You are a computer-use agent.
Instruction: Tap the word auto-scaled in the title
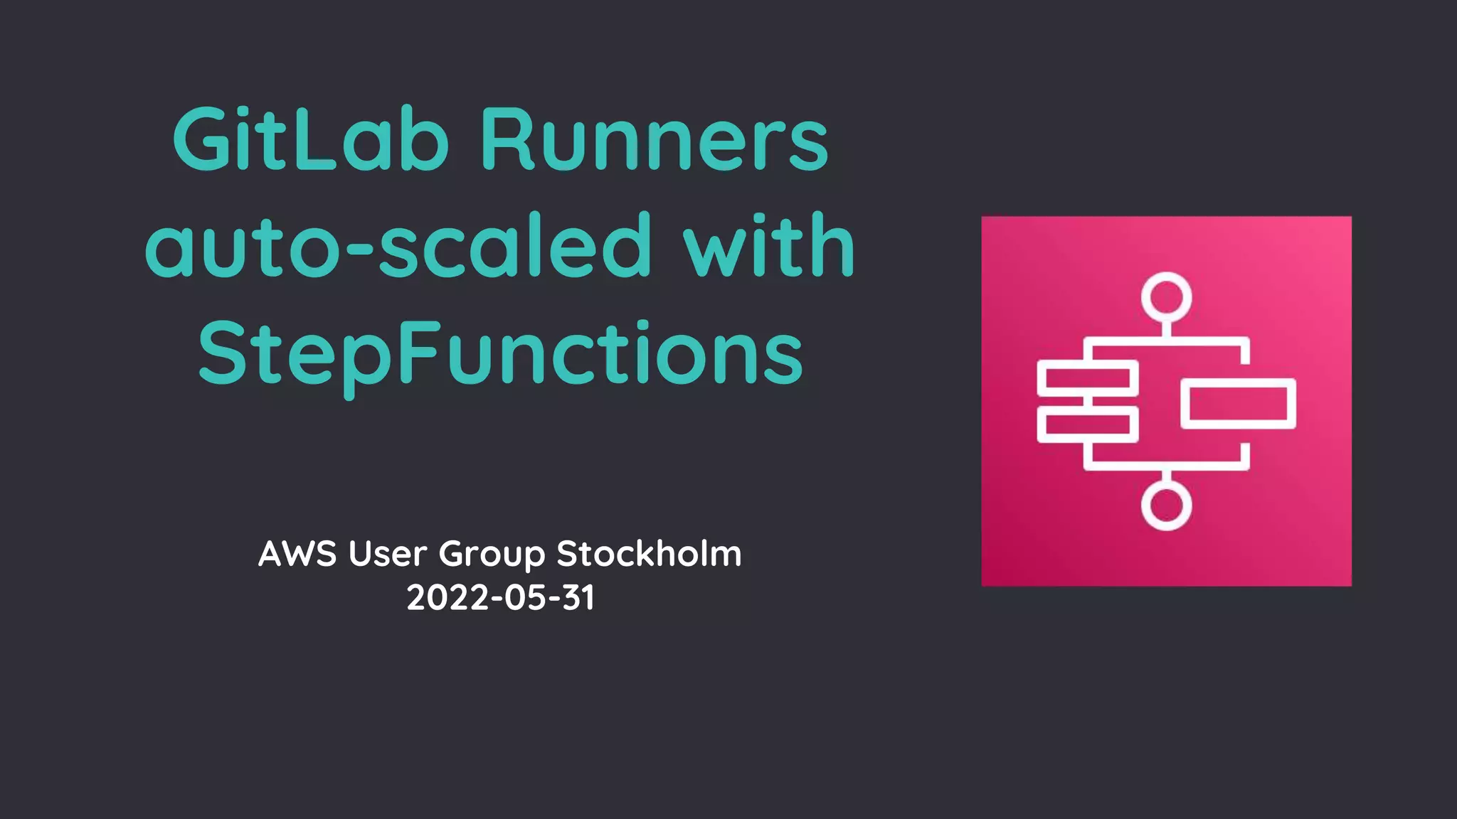pyautogui.click(x=398, y=246)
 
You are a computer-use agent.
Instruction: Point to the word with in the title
pyautogui.click(x=768, y=246)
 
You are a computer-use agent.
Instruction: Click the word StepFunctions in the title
pyautogui.click(x=500, y=353)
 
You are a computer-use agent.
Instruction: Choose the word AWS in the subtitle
pyautogui.click(x=297, y=554)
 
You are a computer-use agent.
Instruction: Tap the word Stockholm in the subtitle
pyautogui.click(x=649, y=554)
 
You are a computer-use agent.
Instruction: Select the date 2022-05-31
pyautogui.click(x=500, y=597)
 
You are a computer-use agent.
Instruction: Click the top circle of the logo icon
pyautogui.click(x=1166, y=296)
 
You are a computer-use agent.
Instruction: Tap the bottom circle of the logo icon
pyautogui.click(x=1166, y=505)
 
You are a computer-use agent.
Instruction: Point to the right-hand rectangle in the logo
pyautogui.click(x=1238, y=404)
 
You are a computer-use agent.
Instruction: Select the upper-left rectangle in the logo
pyautogui.click(x=1087, y=378)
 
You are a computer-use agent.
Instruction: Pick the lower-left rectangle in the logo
pyautogui.click(x=1087, y=424)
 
